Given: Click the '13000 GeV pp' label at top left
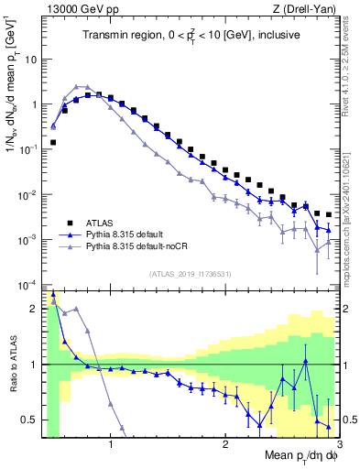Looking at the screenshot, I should click(x=80, y=9).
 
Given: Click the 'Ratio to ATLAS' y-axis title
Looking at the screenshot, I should click(x=13, y=366).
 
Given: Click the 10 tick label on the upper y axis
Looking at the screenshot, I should click(x=31, y=60).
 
